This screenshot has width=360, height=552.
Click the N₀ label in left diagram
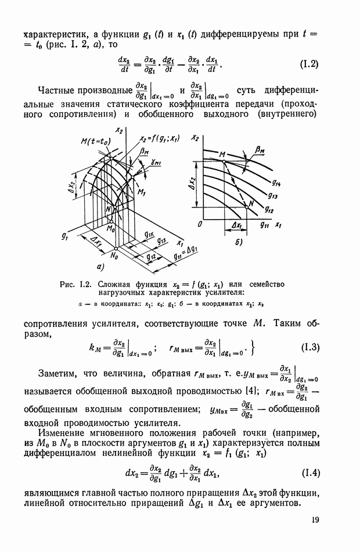pos(114,254)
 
